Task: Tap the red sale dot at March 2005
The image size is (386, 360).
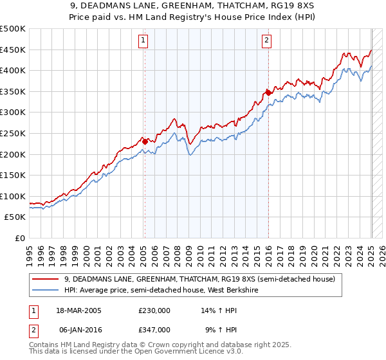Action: pyautogui.click(x=145, y=141)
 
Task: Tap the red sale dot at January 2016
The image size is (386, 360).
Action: pyautogui.click(x=268, y=93)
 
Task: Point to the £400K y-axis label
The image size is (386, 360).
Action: pyautogui.click(x=14, y=71)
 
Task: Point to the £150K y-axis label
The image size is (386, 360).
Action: pyautogui.click(x=14, y=175)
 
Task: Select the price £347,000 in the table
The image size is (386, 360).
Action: pyautogui.click(x=154, y=329)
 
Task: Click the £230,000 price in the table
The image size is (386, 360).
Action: pyautogui.click(x=154, y=310)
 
